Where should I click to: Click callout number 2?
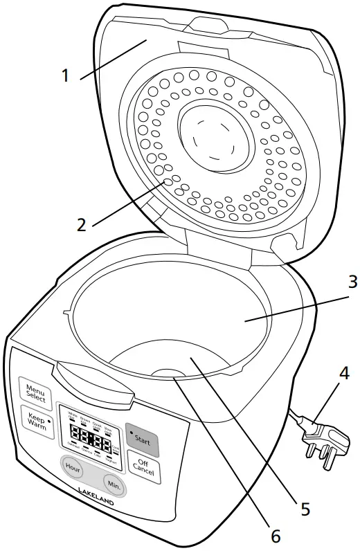81,224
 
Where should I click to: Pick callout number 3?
333,282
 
